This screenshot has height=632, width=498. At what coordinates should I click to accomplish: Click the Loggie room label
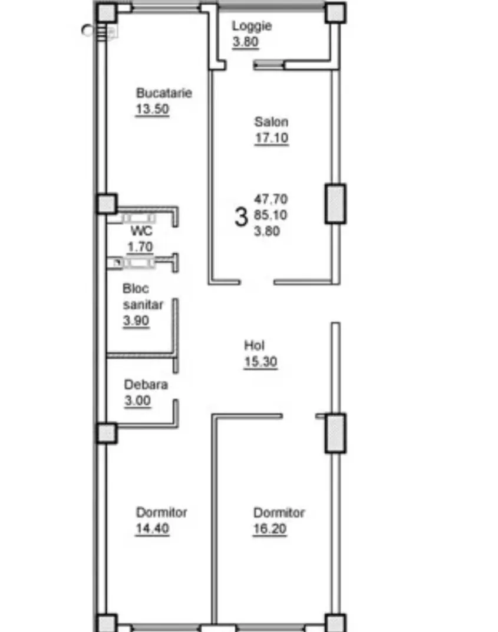click(252, 26)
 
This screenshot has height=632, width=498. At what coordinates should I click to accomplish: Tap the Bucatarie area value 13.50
click(152, 109)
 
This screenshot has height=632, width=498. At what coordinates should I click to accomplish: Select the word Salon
click(271, 122)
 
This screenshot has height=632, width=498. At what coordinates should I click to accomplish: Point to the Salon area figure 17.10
click(272, 138)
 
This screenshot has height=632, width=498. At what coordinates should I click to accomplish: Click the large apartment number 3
click(240, 217)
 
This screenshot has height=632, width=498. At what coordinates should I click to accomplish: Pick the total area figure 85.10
click(271, 215)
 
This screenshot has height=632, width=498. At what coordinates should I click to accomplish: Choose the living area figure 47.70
click(271, 199)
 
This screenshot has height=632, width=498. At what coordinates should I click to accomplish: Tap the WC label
click(141, 231)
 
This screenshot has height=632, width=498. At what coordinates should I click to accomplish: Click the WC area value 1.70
click(140, 246)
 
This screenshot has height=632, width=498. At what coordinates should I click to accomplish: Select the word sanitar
click(143, 304)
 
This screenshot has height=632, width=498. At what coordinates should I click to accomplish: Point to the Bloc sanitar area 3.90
click(136, 321)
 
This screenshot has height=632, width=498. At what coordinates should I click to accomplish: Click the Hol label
click(255, 345)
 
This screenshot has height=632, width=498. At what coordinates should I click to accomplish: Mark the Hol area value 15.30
click(261, 362)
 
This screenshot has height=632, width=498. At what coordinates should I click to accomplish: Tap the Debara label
click(146, 385)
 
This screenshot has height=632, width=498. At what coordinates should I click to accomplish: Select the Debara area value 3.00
click(138, 401)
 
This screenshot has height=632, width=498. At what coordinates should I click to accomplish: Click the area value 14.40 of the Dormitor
click(152, 528)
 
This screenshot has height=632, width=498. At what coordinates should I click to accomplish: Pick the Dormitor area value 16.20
click(270, 528)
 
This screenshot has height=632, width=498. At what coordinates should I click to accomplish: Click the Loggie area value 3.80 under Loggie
click(245, 42)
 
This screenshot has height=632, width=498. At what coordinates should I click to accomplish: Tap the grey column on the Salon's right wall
click(335, 204)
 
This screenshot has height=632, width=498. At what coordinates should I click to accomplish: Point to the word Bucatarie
click(164, 93)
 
